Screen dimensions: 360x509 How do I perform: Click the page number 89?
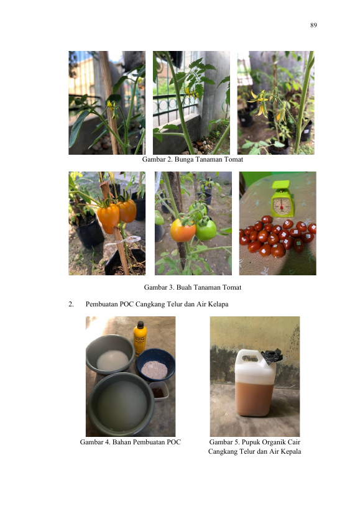pyautogui.click(x=313, y=25)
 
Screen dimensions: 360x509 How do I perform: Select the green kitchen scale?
pyautogui.click(x=282, y=199)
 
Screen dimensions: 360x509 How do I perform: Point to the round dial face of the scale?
pyautogui.click(x=282, y=206)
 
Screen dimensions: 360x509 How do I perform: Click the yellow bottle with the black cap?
pyautogui.click(x=140, y=339)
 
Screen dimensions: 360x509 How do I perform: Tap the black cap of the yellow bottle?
pyautogui.click(x=141, y=324)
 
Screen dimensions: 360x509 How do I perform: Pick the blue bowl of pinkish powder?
pyautogui.click(x=155, y=365)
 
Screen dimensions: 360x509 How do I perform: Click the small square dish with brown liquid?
pyautogui.click(x=159, y=391)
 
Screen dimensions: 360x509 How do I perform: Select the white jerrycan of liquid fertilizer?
pyautogui.click(x=255, y=383)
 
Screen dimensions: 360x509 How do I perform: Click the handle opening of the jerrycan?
pyautogui.click(x=250, y=359)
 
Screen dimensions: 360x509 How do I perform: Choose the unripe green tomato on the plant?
pyautogui.click(x=206, y=230)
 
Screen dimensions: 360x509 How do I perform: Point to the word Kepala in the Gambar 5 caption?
pyautogui.click(x=290, y=452)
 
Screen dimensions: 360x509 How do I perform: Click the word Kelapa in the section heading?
pyautogui.click(x=218, y=304)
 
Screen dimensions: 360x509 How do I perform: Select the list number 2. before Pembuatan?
pyautogui.click(x=71, y=304)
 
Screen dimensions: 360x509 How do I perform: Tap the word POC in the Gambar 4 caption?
pyautogui.click(x=174, y=442)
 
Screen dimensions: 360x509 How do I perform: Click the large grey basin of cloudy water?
pyautogui.click(x=121, y=404)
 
